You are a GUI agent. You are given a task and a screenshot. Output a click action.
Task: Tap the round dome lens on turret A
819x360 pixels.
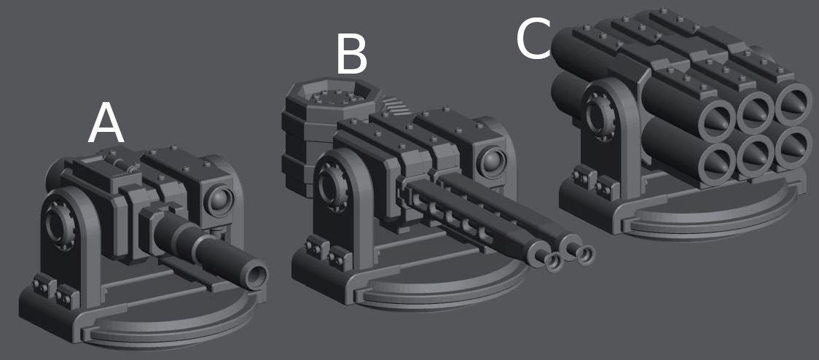click(219, 198)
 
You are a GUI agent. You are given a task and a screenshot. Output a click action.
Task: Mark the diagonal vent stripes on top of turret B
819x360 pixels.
click(395, 109)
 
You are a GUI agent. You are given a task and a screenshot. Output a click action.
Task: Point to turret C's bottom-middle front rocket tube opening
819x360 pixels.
click(755, 151)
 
